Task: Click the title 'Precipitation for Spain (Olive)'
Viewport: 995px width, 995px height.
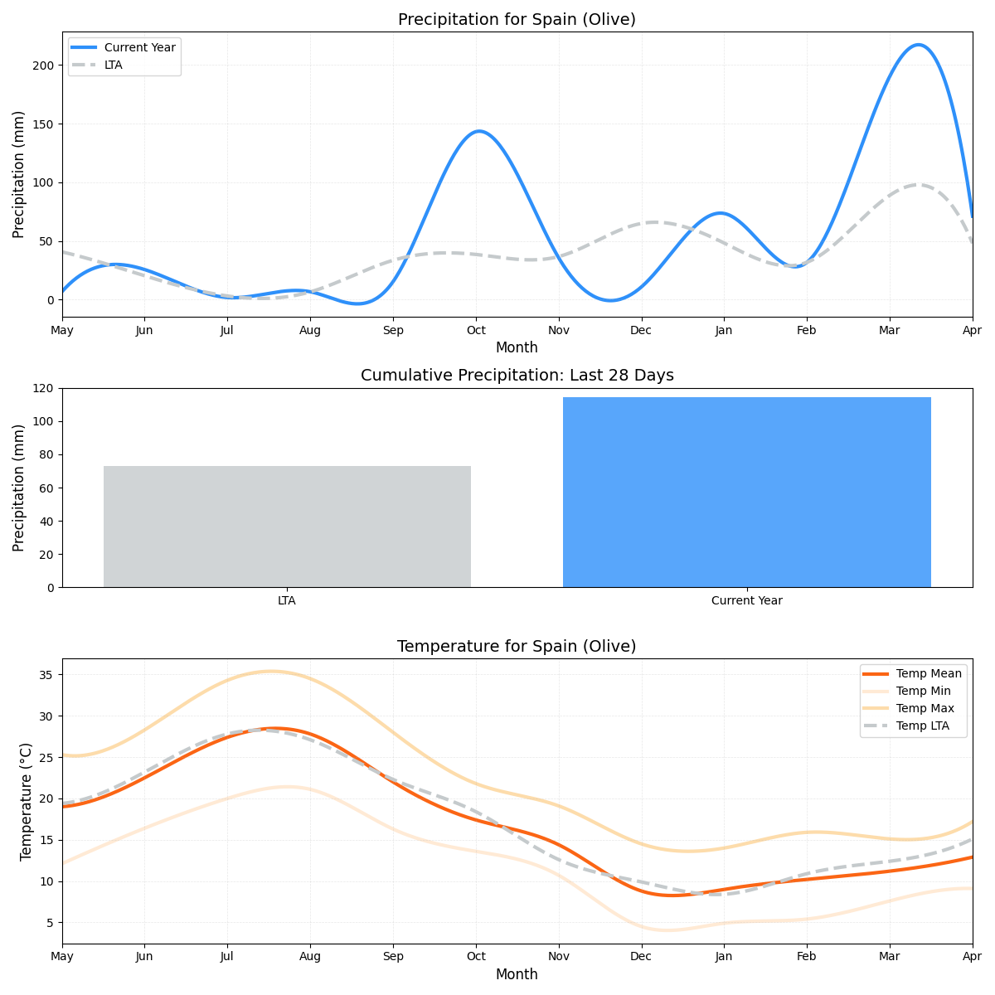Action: pos(517,20)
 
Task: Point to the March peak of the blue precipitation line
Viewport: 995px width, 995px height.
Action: pos(918,45)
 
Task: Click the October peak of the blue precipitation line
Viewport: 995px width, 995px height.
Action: pos(478,131)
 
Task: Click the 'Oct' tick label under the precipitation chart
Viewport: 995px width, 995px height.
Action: pos(476,331)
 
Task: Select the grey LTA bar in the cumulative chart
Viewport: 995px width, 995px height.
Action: pos(287,527)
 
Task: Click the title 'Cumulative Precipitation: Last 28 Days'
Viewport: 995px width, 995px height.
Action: pos(517,376)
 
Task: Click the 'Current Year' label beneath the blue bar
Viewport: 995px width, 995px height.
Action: pos(746,601)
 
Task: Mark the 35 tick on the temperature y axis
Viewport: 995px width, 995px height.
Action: pos(47,675)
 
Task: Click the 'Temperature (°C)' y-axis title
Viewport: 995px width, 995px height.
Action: pos(26,801)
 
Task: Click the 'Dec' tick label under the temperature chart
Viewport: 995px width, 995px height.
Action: pos(641,957)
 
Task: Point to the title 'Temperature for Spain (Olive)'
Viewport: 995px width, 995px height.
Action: pos(517,647)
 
